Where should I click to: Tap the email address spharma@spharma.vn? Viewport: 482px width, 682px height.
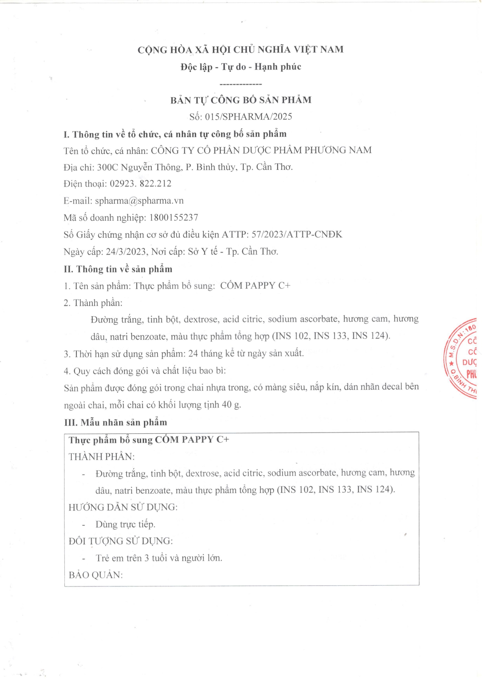click(x=139, y=201)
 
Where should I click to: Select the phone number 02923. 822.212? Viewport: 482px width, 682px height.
click(x=140, y=184)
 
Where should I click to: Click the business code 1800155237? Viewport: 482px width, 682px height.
click(x=173, y=218)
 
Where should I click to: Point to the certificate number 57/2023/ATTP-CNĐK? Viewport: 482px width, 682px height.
click(x=297, y=234)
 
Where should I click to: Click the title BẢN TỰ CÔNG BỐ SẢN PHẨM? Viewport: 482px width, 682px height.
click(x=241, y=100)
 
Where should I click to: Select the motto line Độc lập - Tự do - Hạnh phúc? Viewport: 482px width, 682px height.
click(x=241, y=67)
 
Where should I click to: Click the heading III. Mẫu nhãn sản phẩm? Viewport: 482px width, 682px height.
click(x=116, y=422)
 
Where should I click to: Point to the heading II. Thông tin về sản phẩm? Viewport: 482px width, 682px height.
click(x=118, y=269)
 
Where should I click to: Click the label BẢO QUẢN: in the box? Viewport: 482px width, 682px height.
click(x=96, y=575)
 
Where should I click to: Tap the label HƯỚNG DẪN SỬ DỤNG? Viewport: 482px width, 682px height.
click(x=123, y=507)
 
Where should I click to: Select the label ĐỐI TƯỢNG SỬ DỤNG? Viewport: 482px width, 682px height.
click(x=121, y=541)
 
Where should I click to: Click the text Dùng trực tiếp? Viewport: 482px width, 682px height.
click(x=125, y=524)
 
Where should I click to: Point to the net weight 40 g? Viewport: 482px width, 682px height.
click(x=231, y=405)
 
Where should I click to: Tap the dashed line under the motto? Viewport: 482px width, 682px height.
click(x=241, y=84)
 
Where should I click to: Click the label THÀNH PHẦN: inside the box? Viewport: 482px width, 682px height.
click(x=102, y=457)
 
